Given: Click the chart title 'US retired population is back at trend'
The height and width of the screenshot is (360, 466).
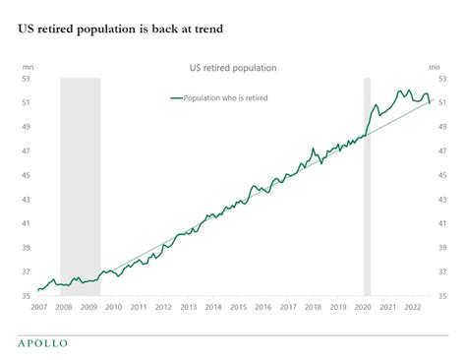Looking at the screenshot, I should click(119, 30).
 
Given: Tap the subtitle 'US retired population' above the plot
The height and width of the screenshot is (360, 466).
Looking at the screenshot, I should click(233, 68).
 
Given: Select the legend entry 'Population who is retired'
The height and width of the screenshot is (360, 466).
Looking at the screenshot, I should click(226, 98).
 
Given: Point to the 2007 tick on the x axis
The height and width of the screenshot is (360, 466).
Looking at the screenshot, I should click(38, 307).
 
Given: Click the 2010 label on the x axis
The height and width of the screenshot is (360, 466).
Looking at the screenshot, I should click(112, 307).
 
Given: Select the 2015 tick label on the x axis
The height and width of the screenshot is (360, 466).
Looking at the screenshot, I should click(237, 307).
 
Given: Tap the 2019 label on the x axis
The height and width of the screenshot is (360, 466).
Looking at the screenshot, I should click(337, 307).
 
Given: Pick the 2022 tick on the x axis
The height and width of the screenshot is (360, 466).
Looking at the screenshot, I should click(412, 307).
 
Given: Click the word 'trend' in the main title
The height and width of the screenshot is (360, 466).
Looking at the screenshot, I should click(205, 30).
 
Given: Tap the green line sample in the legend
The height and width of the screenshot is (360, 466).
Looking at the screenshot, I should click(177, 98).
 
